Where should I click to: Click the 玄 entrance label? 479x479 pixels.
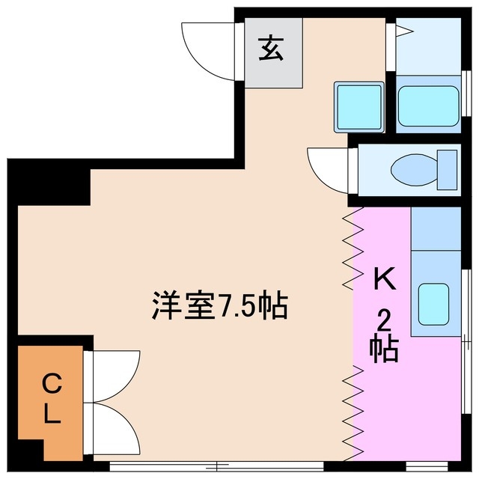pos(270,50)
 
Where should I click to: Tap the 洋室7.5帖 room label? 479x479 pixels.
pos(221,305)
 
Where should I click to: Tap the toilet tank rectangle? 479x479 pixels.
pos(447,170)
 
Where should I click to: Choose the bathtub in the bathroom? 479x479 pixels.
pos(427,106)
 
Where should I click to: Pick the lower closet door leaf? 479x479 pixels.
pos(114,428)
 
